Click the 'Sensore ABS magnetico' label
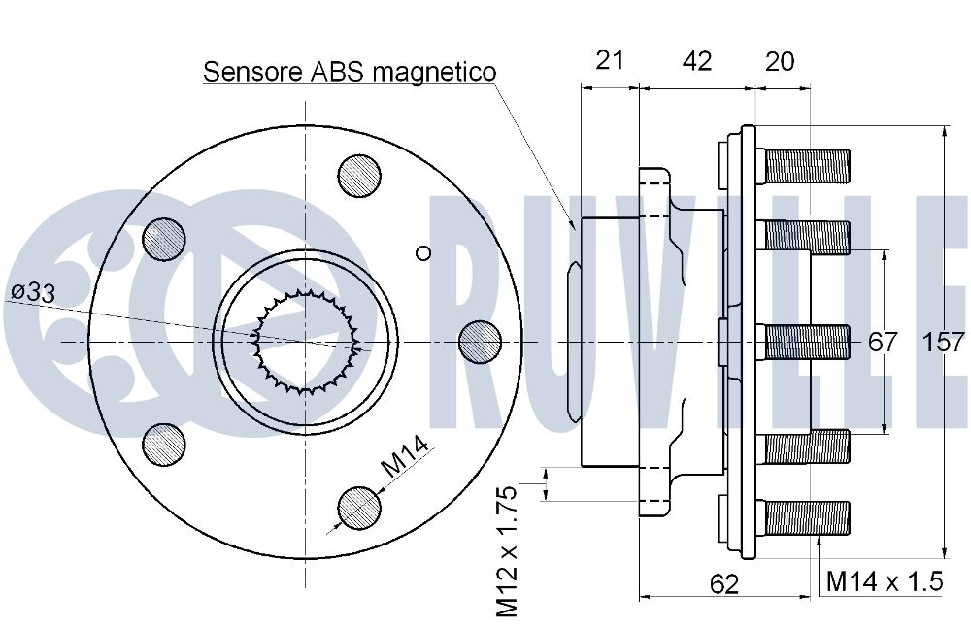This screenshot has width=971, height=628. (349, 71)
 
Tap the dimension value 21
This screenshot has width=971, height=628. (609, 60)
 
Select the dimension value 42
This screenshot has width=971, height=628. (697, 60)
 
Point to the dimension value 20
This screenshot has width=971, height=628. (780, 61)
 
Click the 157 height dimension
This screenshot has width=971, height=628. (944, 342)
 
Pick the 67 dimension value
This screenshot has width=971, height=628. (883, 342)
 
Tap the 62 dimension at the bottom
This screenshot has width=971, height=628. (724, 583)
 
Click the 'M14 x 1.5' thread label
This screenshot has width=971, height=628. (885, 582)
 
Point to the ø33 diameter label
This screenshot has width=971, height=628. (33, 291)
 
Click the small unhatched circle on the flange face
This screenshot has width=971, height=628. (422, 253)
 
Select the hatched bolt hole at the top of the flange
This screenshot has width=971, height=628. (359, 176)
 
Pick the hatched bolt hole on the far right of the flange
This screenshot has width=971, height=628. (479, 342)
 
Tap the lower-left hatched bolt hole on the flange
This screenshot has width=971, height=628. (163, 444)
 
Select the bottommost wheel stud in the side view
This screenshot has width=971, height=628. (807, 517)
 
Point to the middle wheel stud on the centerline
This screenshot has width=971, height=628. (807, 342)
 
